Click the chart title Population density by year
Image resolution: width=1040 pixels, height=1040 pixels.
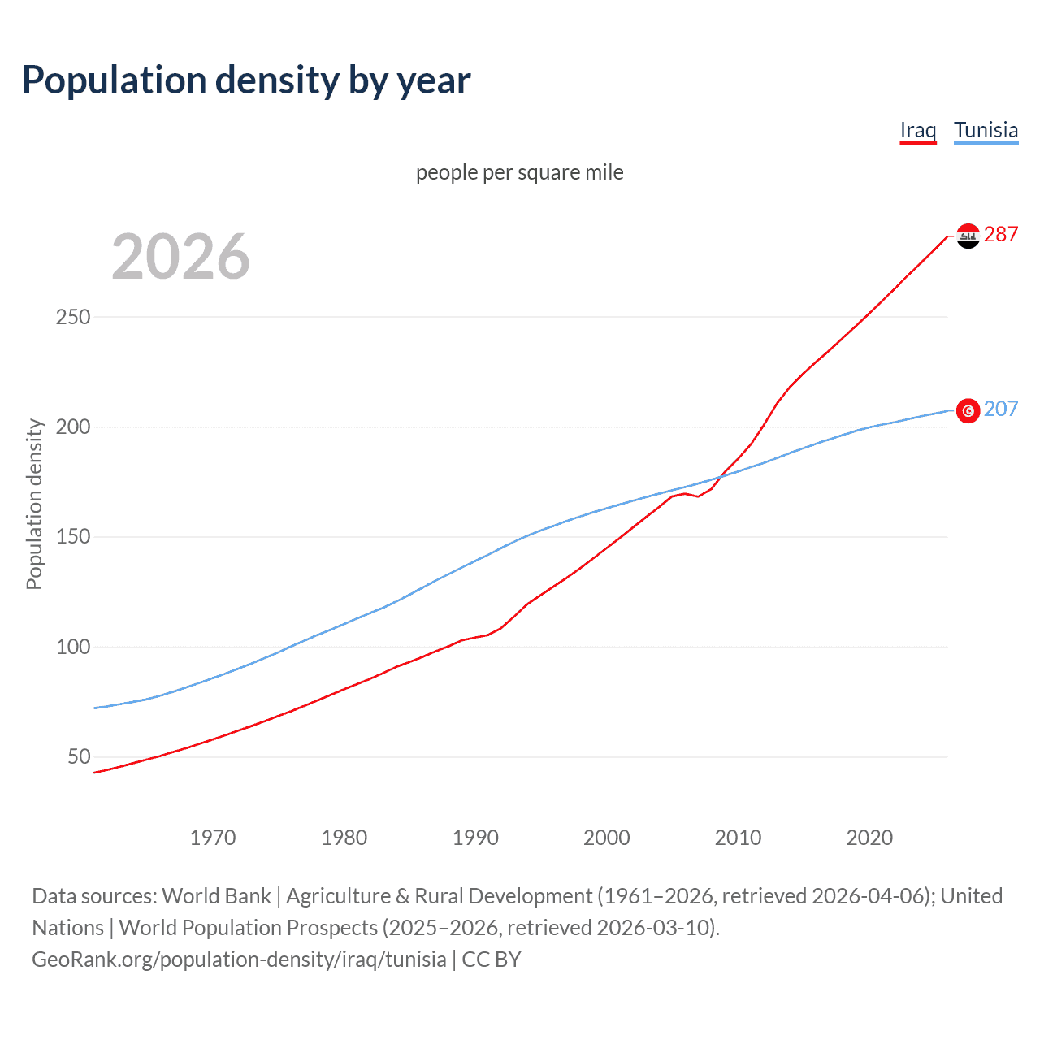pos(246,80)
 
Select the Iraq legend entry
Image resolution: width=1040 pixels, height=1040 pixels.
pos(918,130)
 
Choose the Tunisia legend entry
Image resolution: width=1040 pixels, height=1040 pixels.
pos(986,130)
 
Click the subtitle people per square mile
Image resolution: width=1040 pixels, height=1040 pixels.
pos(519,172)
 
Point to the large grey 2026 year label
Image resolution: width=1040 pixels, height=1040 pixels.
pos(180,257)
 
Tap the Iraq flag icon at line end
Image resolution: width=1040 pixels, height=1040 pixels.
pos(968,236)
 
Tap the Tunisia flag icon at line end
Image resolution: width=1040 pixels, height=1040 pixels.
pos(968,411)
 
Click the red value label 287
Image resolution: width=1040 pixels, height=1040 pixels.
pos(1001,235)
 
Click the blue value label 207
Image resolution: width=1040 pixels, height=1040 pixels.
pos(1001,409)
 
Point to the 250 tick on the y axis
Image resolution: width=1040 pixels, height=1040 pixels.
pos(73,317)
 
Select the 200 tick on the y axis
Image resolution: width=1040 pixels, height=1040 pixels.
pos(73,427)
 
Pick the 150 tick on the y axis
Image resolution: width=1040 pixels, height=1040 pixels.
pos(73,537)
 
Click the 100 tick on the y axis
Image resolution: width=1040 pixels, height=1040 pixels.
pos(73,648)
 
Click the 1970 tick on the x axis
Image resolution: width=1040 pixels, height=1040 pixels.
pos(213,838)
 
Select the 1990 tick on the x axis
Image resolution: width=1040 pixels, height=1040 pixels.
pos(475,838)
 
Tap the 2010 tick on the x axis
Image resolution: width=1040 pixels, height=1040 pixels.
pos(738,838)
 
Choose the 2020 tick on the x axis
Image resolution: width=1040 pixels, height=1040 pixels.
pos(869,838)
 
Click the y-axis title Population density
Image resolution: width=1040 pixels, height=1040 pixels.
pos(34,504)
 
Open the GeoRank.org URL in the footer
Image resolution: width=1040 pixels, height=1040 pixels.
pos(239,960)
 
